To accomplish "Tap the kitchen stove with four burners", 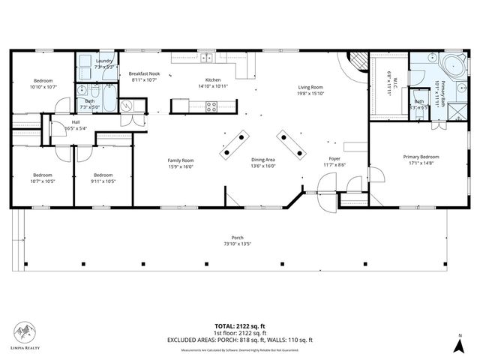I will (211, 106).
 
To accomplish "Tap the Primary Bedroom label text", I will (421, 157).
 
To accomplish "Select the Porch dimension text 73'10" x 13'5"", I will (237, 244).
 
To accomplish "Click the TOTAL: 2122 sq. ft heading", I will (239, 325).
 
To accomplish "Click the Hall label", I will (76, 122).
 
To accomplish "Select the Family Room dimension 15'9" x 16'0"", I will (180, 166).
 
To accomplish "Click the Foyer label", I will (335, 160).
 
